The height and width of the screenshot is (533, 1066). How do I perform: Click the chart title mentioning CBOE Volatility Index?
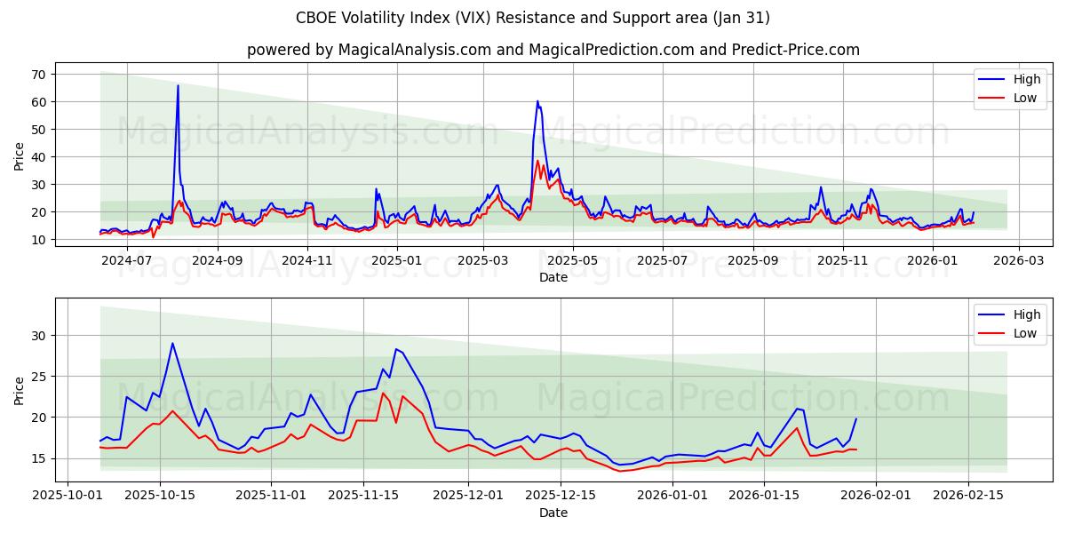tap(533, 18)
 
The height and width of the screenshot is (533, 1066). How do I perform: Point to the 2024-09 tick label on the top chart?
tap(217, 260)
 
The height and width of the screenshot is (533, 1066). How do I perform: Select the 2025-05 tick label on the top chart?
tap(572, 260)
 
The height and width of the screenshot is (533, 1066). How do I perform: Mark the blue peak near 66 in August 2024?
tap(178, 86)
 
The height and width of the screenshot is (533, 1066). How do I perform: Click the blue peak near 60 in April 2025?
tap(537, 101)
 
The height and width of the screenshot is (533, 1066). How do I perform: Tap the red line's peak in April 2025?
tap(537, 161)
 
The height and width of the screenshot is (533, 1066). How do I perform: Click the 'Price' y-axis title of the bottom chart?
tap(20, 390)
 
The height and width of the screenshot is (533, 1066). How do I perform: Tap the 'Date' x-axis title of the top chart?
tap(553, 277)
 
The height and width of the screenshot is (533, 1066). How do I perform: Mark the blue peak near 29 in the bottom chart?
tap(172, 343)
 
